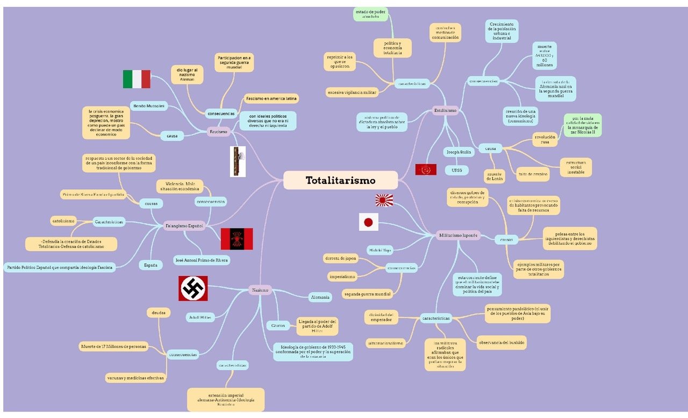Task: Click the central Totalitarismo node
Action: (340, 180)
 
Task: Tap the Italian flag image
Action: (137, 79)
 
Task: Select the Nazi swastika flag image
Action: (193, 288)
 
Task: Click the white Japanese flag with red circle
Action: (369, 222)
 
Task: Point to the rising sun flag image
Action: (384, 200)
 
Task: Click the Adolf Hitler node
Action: (200, 317)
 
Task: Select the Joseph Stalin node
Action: (458, 152)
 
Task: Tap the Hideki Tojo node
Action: (379, 250)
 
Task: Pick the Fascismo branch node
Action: (218, 132)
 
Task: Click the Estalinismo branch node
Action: (445, 110)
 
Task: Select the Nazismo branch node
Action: (260, 291)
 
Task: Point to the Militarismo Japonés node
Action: (458, 236)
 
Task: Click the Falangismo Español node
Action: (184, 226)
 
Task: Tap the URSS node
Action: (457, 171)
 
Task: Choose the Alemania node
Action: (320, 297)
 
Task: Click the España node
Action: (150, 265)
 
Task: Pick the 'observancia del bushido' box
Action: (501, 342)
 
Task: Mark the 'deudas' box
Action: (159, 313)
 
